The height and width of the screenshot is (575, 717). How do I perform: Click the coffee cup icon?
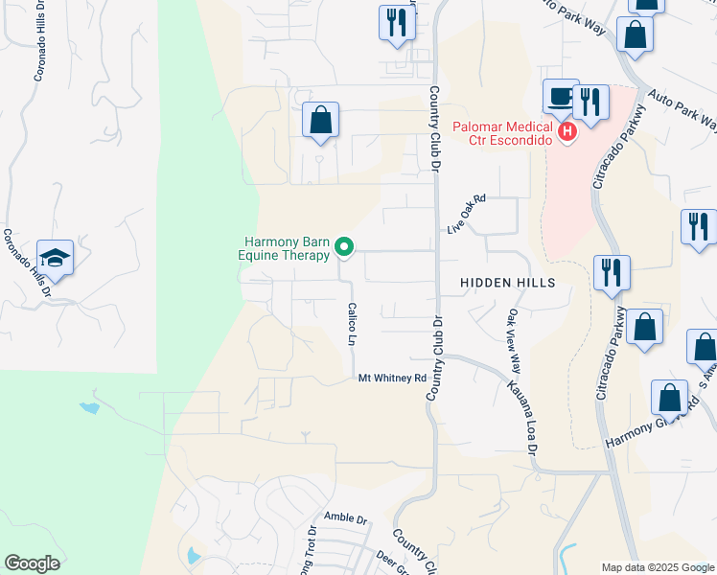pyautogui.click(x=560, y=97)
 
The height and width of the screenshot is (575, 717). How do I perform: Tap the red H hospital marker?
pyautogui.click(x=567, y=131)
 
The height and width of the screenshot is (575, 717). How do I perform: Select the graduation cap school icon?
pyautogui.click(x=56, y=258)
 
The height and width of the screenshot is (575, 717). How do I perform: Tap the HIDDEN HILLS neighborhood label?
pyautogui.click(x=507, y=283)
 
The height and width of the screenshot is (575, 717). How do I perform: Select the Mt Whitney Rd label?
pyautogui.click(x=391, y=378)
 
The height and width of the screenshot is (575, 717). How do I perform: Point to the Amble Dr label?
pyautogui.click(x=346, y=518)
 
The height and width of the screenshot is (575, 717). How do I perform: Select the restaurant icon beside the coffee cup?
pyautogui.click(x=590, y=101)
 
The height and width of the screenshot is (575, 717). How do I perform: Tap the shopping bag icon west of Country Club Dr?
pyautogui.click(x=320, y=121)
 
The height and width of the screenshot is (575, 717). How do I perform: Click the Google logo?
pyautogui.click(x=32, y=563)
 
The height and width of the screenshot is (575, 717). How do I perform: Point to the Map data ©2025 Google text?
pyautogui.click(x=657, y=567)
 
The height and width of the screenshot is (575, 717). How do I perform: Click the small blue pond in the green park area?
pyautogui.click(x=89, y=408)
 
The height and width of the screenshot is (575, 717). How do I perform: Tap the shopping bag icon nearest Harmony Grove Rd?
pyautogui.click(x=669, y=397)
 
